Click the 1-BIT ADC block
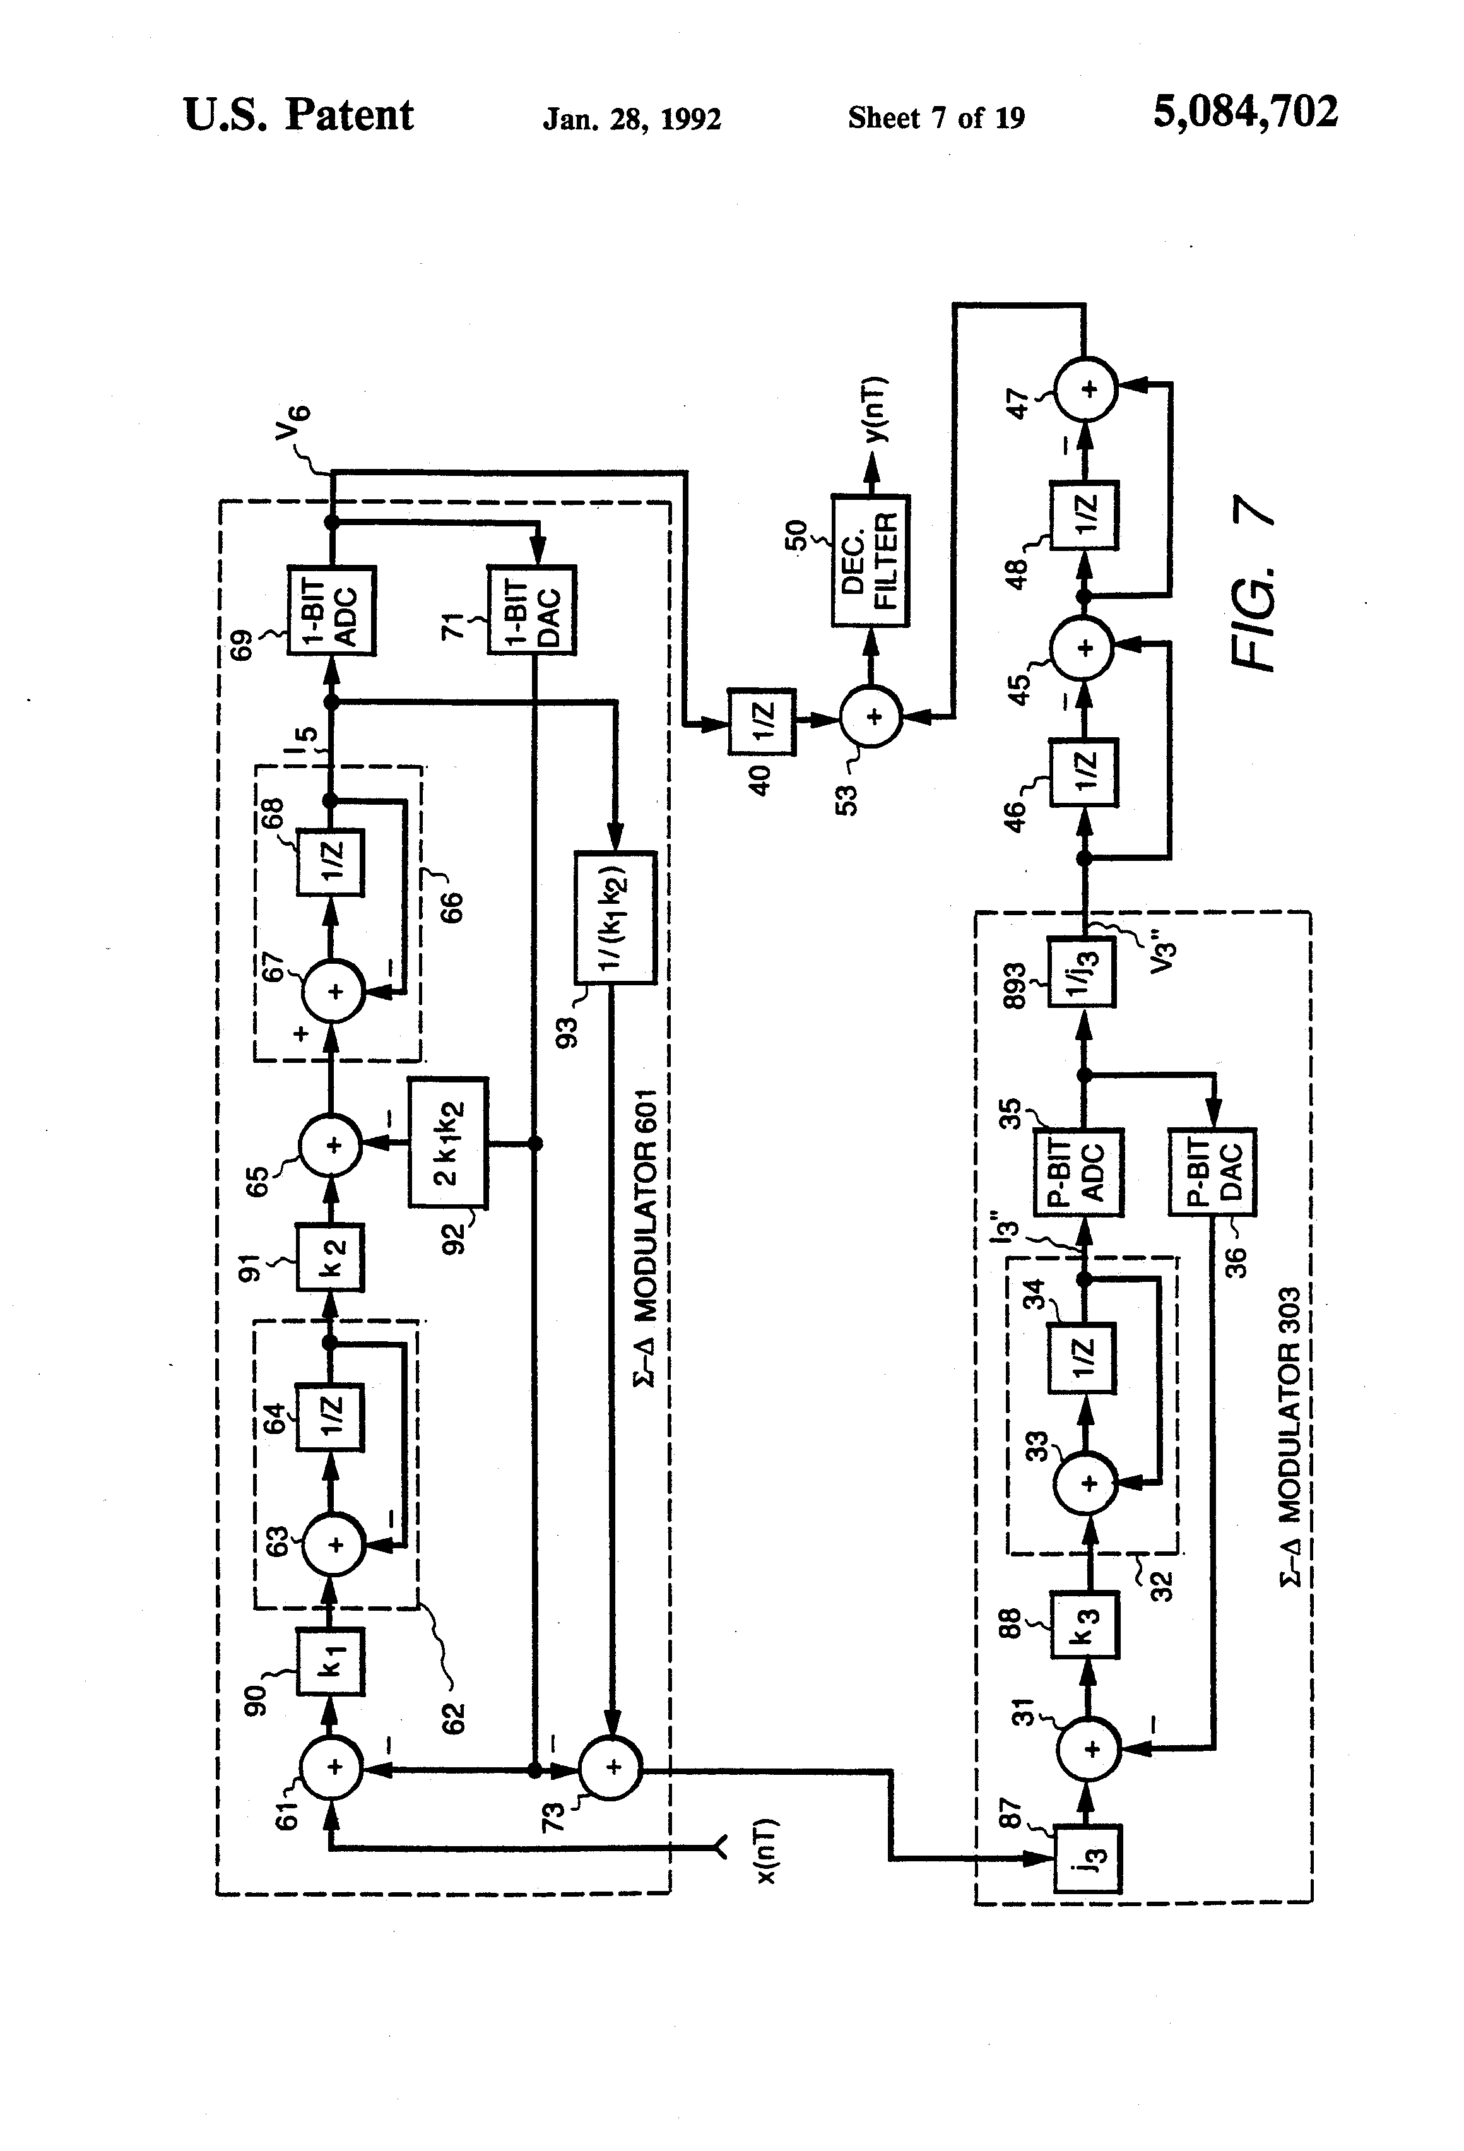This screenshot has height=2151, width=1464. [x=331, y=610]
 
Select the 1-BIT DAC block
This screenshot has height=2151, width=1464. [x=532, y=610]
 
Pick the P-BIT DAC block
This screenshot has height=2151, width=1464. [x=1212, y=1172]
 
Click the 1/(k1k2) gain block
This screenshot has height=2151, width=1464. [x=615, y=917]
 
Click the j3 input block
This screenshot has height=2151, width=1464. [x=1089, y=1859]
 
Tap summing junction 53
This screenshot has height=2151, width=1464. [x=871, y=717]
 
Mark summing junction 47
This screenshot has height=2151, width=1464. [x=1087, y=389]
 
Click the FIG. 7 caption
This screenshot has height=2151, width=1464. [x=1254, y=584]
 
